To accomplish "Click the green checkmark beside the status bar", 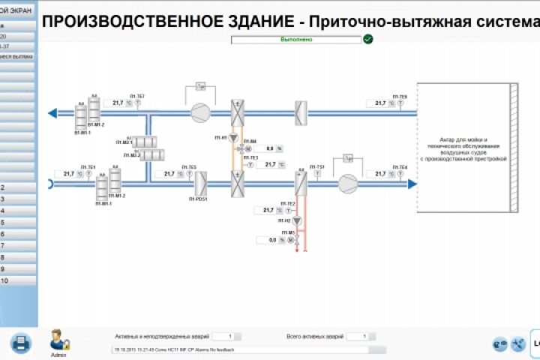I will pos(368,38).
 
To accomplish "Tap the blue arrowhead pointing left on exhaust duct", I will pos(52,114).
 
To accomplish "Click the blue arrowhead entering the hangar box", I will pos(412,183).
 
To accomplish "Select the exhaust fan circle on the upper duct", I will pos(200,113).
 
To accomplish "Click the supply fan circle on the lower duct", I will pos(348,183).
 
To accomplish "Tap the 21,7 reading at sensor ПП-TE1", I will pos(69,173).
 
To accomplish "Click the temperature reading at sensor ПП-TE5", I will pos(169,173).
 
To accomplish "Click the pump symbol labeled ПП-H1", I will pos(233,139).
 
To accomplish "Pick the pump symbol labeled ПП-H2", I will pos(297,221).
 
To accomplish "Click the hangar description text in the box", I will pos(463,149).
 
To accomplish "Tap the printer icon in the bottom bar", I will pos(20,343).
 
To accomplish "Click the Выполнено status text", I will pos(295,38).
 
